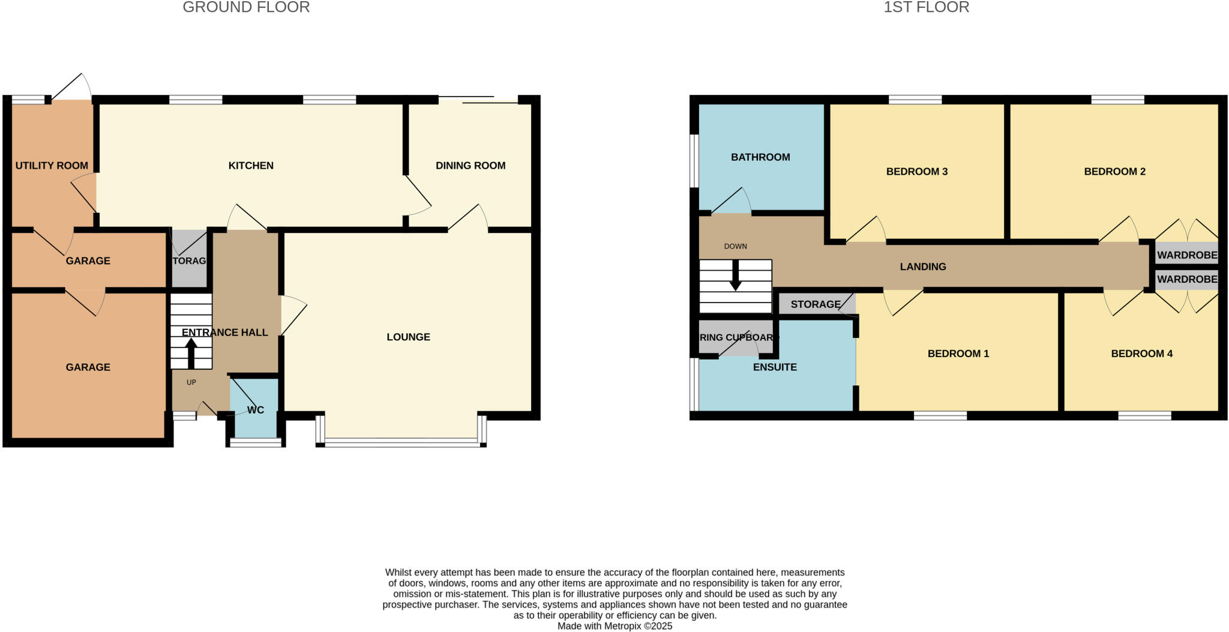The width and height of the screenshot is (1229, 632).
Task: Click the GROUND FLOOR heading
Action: coord(246,8)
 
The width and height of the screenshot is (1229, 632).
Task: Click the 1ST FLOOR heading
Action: coord(926,8)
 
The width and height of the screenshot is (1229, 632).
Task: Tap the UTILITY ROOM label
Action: coord(52,166)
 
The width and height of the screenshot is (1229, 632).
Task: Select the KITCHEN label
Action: coord(251,166)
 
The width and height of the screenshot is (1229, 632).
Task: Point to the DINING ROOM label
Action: coord(470,166)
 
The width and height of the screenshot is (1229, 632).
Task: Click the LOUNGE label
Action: coord(408,337)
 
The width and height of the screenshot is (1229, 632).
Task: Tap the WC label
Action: coord(256,411)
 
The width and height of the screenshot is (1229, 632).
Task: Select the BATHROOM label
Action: coord(760,157)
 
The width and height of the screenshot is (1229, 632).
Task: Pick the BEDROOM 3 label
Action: coord(917,172)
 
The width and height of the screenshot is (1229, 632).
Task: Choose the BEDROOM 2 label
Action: coord(1114,172)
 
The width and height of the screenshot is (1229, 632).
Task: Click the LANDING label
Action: coord(923,267)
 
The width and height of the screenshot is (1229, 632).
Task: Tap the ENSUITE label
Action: coord(775,367)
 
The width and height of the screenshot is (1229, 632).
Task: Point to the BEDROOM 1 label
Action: coord(958,354)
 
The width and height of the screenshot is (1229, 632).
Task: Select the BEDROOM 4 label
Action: coord(1141,354)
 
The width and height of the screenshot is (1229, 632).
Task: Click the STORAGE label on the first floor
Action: coord(816,304)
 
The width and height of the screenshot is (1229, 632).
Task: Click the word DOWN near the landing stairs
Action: coord(735,247)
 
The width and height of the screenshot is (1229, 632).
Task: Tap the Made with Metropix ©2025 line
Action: coord(614,626)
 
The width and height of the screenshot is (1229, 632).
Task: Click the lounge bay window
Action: coord(401,444)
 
